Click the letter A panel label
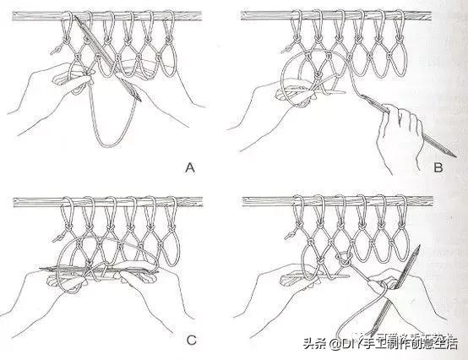tap(190, 166)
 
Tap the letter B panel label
tap(437, 166)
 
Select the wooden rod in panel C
tap(110, 201)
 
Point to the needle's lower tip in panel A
tap(139, 101)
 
